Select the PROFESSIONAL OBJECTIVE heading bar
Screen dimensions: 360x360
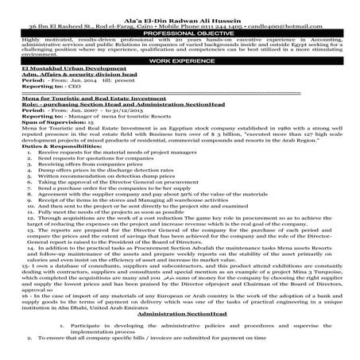coord(180,24)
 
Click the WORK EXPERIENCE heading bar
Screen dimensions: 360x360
coord(180,59)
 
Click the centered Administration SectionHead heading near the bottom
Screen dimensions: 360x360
coord(180,315)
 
